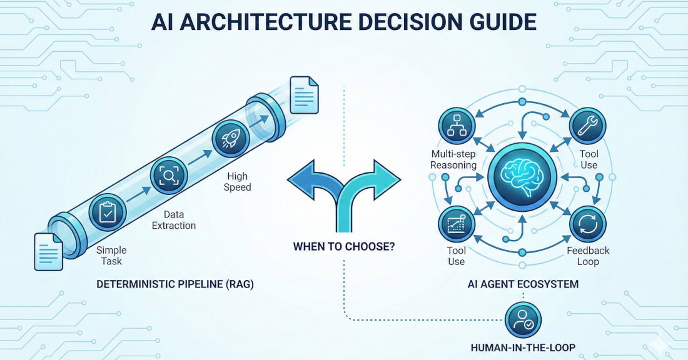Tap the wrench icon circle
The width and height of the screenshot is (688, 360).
point(587,126)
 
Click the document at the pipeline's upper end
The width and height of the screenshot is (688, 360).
point(305,96)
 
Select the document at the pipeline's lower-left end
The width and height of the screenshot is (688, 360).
point(48,251)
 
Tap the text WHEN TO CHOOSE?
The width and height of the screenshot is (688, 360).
point(343,246)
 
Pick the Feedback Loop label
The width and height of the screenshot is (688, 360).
point(588,256)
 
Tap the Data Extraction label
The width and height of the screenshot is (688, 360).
point(174,219)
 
